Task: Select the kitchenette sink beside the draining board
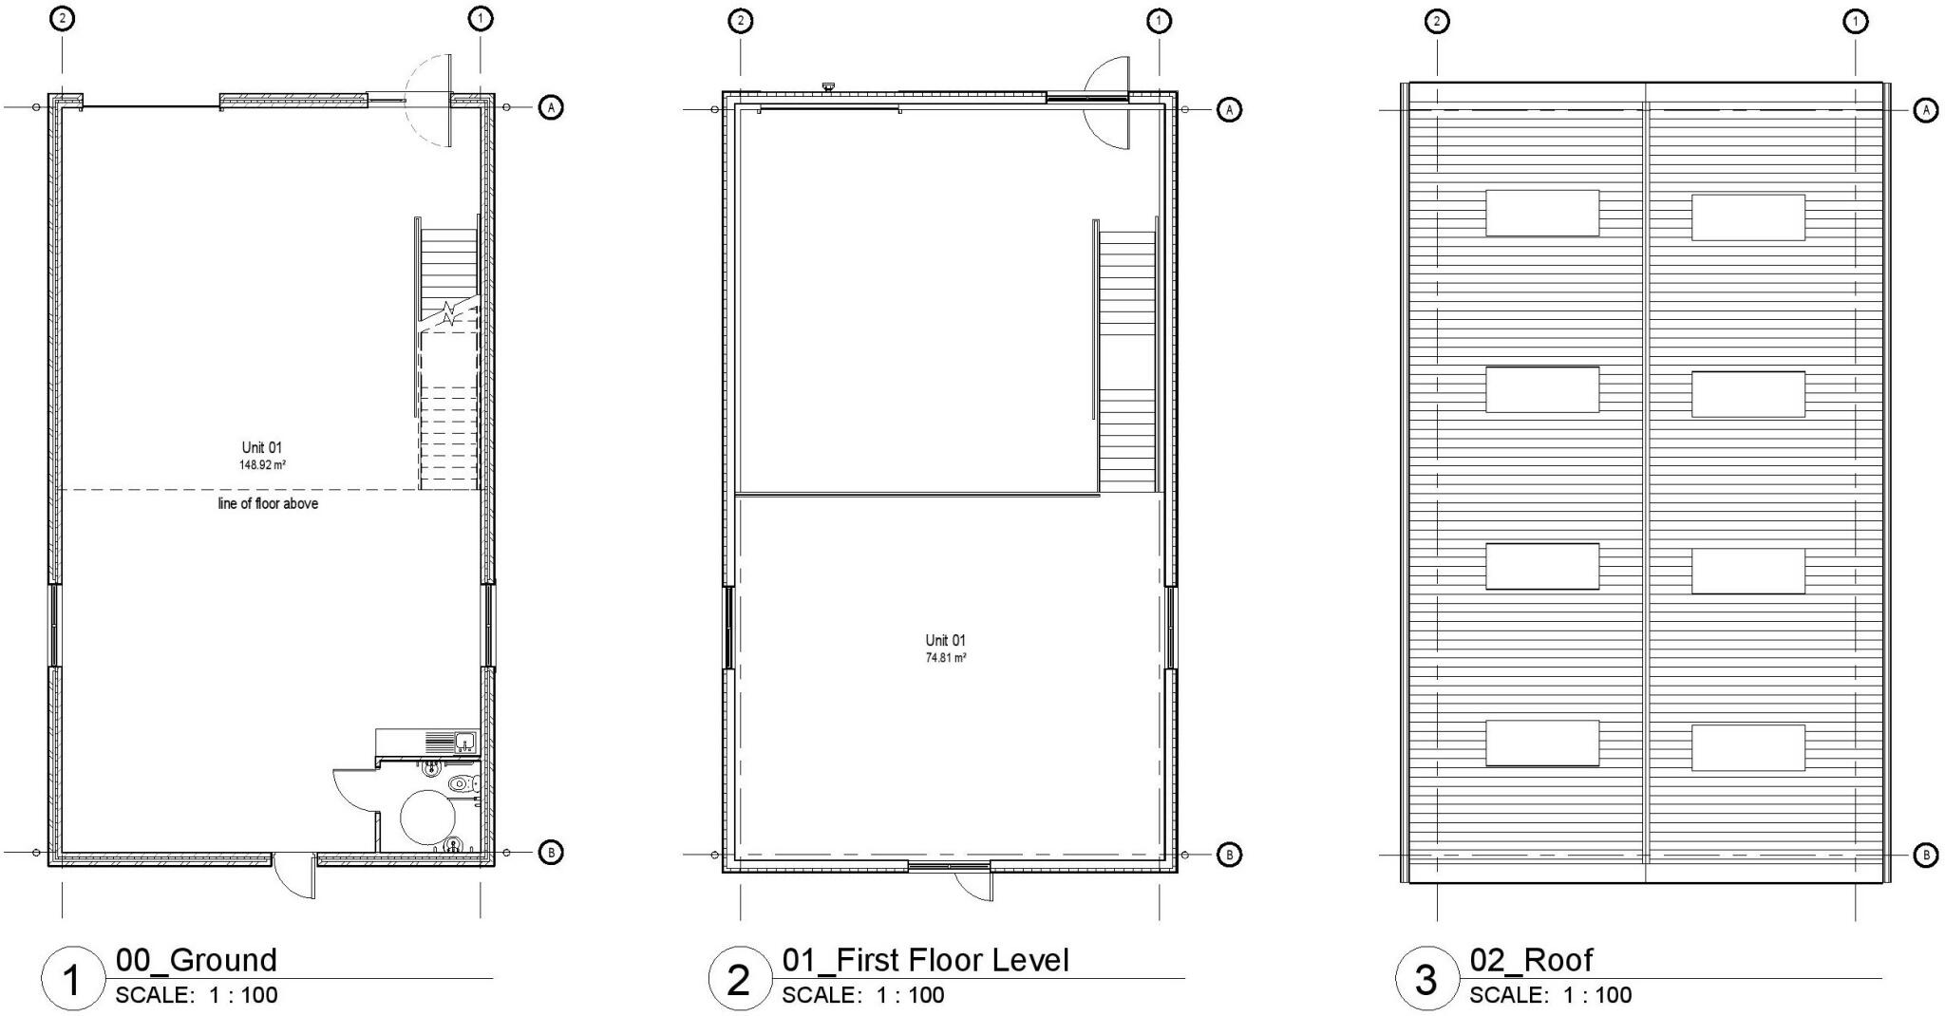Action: click(x=465, y=741)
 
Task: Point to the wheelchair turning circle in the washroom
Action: click(x=429, y=816)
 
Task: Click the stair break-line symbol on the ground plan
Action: click(x=447, y=312)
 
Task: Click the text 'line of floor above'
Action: click(x=268, y=503)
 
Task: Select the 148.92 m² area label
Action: click(x=262, y=465)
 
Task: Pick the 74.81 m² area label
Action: click(x=946, y=657)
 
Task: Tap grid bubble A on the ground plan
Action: click(x=551, y=107)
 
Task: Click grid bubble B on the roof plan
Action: click(x=1925, y=855)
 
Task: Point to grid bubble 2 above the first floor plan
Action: click(x=740, y=20)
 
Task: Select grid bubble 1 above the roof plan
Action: click(x=1855, y=20)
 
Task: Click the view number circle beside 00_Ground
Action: click(x=71, y=979)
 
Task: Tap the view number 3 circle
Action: click(x=1426, y=979)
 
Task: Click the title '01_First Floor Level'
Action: click(x=925, y=960)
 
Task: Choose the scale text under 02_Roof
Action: click(x=1550, y=995)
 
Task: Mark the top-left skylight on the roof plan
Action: click(x=1541, y=213)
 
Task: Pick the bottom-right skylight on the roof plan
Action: click(x=1747, y=747)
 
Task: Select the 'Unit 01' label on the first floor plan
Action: click(x=946, y=640)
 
